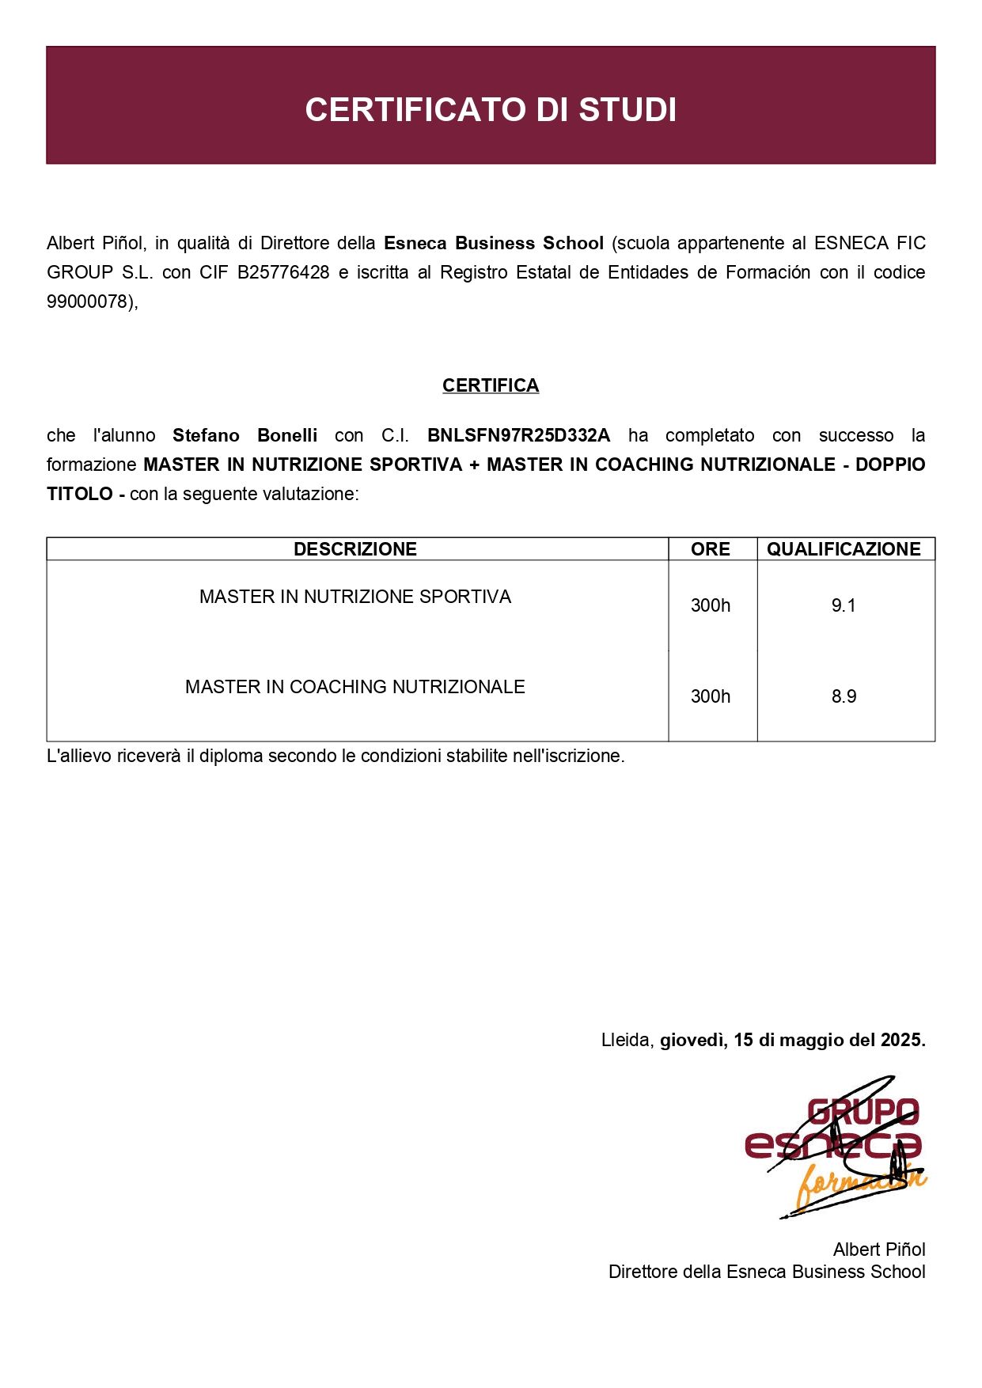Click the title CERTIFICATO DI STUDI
491,110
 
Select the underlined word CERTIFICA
491,385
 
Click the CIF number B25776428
283,272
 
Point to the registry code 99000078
89,301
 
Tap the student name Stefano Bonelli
245,435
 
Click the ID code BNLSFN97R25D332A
518,435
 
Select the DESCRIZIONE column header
355,549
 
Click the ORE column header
710,549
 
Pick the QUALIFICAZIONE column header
844,549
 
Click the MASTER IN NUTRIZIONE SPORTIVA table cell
355,597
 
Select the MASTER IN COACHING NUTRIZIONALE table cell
355,687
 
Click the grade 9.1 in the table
844,606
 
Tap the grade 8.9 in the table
844,696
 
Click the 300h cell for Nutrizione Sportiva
710,606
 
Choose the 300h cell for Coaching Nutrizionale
710,696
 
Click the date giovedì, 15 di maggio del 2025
792,1040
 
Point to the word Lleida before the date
626,1040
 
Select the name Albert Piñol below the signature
878,1250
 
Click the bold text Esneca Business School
494,243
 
